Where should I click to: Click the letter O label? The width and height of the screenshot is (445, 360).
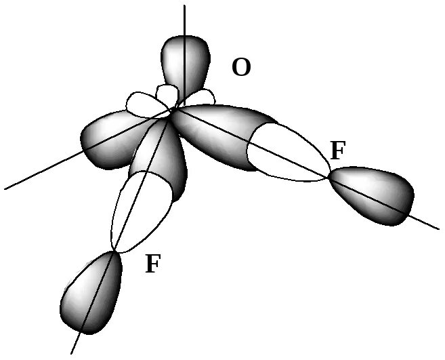tap(241, 68)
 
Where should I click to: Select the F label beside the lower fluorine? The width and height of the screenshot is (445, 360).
tap(153, 263)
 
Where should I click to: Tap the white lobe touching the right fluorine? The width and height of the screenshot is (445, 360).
tap(288, 153)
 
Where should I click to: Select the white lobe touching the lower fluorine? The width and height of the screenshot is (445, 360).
tap(135, 210)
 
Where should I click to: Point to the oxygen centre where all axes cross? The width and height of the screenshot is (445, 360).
tap(173, 111)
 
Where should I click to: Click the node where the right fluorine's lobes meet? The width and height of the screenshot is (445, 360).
tap(329, 177)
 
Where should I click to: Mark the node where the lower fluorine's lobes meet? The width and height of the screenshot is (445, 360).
tap(116, 252)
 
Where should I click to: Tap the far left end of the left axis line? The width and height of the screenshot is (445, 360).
tap(5, 188)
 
